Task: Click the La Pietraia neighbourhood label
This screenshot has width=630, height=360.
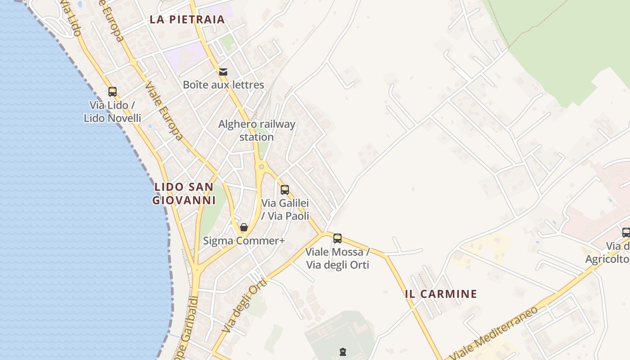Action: [187, 19]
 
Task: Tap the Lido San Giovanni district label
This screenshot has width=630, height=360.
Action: [184, 193]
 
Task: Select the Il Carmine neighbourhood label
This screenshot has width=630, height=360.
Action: [441, 294]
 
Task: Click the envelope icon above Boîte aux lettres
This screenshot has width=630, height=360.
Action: [223, 72]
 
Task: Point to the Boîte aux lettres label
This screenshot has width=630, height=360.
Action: [223, 85]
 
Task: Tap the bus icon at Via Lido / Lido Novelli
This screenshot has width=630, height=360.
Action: [112, 92]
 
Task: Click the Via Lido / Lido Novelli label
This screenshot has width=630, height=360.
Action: [112, 112]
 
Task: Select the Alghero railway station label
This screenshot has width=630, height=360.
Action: [256, 130]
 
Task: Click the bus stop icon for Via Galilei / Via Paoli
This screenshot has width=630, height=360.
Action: [285, 189]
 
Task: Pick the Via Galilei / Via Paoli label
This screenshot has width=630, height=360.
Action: [285, 210]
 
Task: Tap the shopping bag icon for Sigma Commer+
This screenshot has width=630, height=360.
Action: [244, 227]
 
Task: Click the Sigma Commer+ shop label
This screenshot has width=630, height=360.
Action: [244, 241]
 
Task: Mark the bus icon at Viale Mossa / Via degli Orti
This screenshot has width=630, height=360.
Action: [337, 238]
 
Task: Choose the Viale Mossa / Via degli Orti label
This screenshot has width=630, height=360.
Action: [337, 258]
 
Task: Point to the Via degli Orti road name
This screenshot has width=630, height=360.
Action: [245, 306]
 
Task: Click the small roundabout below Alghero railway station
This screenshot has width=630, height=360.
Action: [261, 167]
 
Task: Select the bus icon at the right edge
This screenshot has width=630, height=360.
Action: [626, 233]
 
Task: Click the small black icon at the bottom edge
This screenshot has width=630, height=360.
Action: [343, 352]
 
